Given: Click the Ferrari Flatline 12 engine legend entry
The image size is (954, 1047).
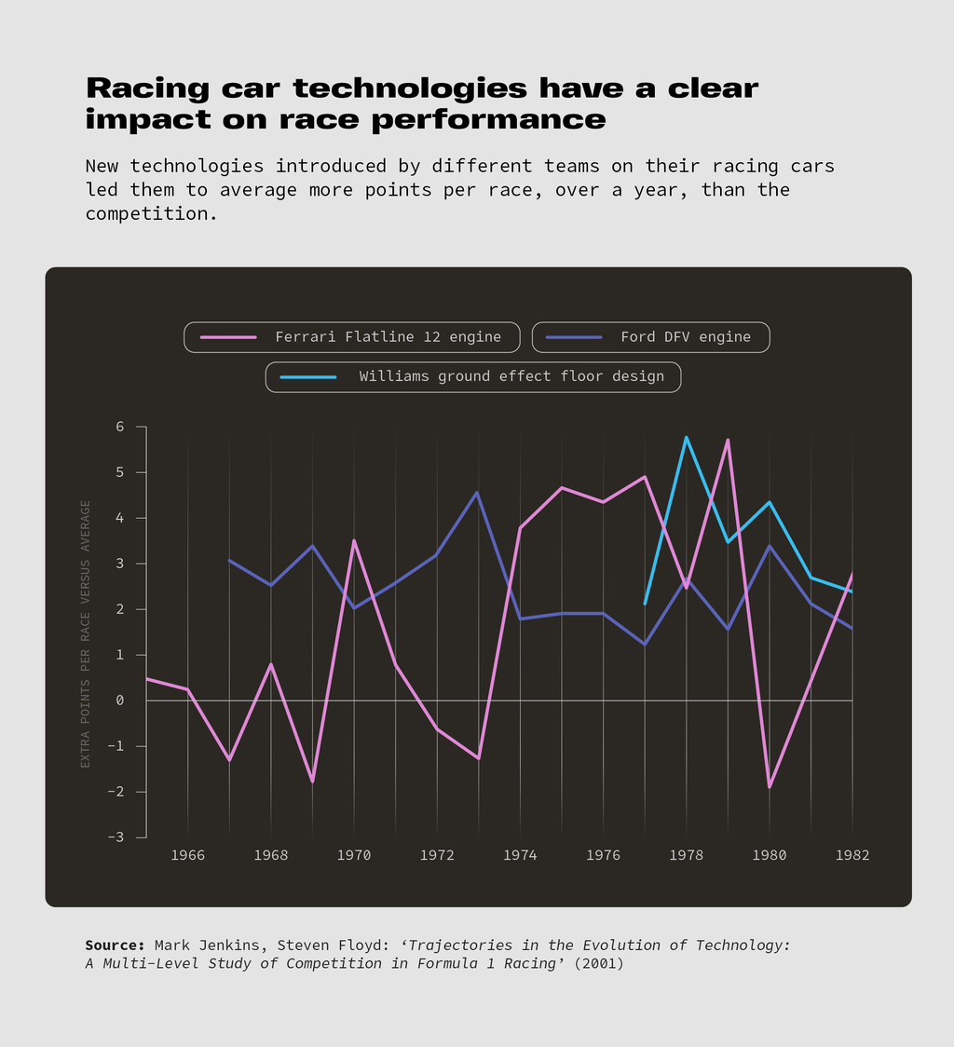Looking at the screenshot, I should [353, 337].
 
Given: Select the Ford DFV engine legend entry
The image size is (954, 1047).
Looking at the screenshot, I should [650, 337].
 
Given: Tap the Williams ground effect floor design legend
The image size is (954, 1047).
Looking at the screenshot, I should [473, 377].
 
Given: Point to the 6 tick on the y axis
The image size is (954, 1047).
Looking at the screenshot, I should [119, 427].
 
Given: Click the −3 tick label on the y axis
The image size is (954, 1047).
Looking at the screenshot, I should [115, 836].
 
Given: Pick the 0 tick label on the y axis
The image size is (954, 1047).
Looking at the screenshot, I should [119, 700].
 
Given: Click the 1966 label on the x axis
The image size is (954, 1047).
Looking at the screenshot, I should [188, 855].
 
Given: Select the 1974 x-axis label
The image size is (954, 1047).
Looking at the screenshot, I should [520, 855].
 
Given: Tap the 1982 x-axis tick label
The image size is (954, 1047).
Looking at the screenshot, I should [852, 855].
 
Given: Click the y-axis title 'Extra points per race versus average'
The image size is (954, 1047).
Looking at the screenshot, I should [86, 633].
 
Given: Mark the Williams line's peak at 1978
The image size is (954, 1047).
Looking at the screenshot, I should [687, 438].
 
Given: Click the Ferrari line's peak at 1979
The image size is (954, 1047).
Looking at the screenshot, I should [728, 440].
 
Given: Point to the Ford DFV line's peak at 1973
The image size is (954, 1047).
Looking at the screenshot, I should [477, 493].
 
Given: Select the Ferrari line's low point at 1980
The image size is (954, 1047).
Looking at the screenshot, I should [770, 787].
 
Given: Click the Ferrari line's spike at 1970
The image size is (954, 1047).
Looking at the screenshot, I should [354, 540].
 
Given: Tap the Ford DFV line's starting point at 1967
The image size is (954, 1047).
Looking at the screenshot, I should [230, 561].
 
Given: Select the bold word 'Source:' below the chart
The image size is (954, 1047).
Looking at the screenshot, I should [115, 945].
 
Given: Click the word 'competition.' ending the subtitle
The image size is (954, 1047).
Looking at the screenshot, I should [152, 213].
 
